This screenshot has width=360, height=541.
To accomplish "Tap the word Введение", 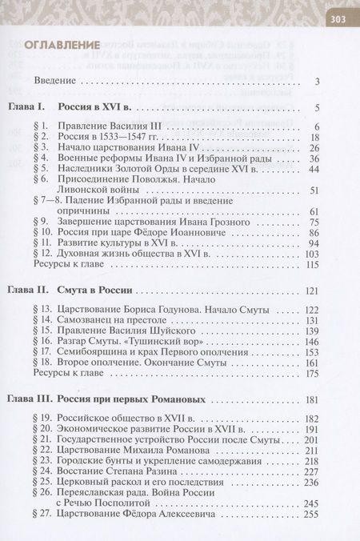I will [x=55, y=82].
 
